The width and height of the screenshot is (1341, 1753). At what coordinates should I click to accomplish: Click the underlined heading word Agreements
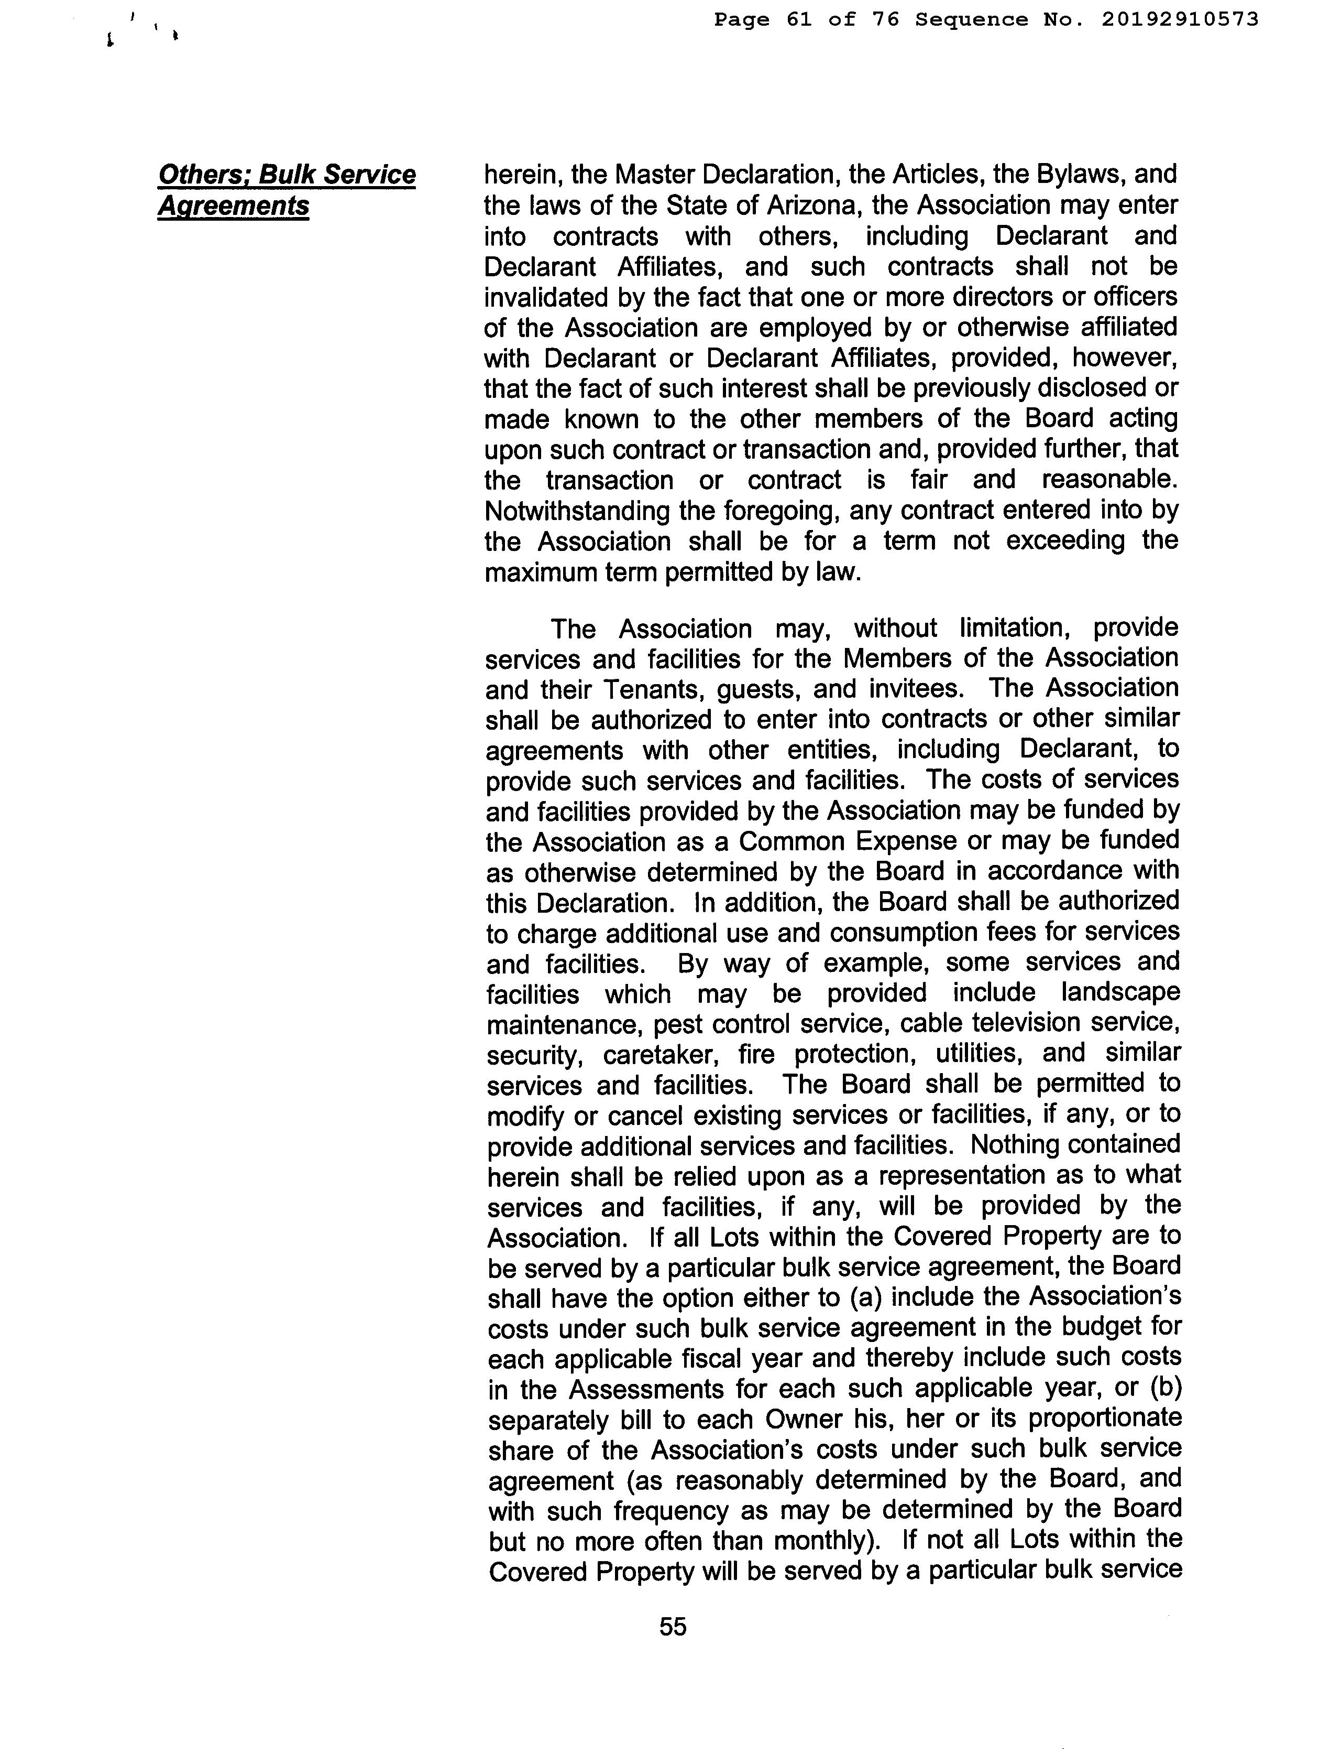tap(233, 205)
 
